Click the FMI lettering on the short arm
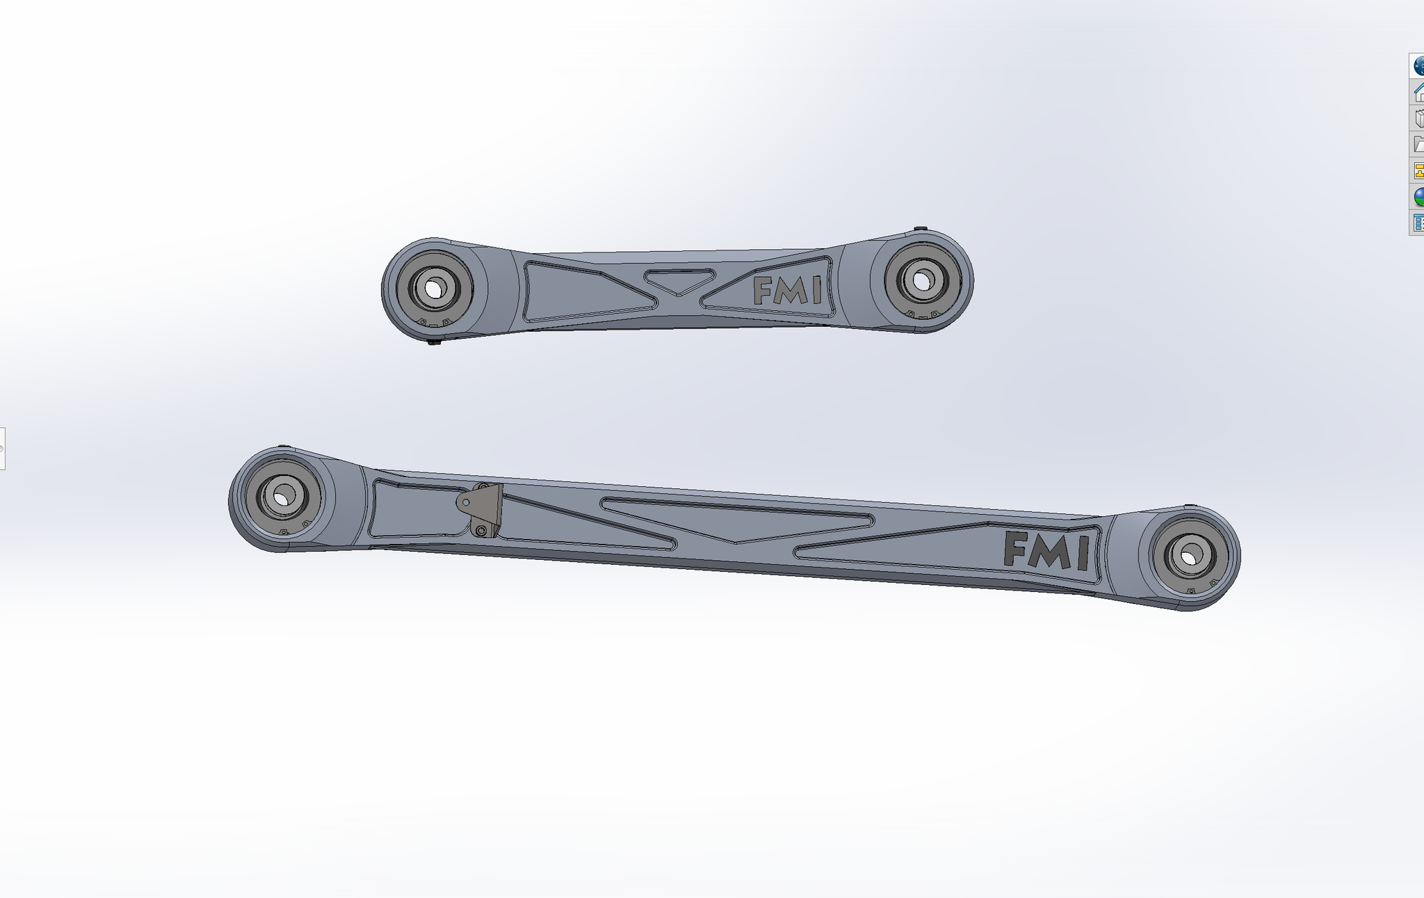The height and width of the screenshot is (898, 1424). click(x=787, y=291)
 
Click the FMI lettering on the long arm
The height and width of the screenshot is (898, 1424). click(x=1046, y=551)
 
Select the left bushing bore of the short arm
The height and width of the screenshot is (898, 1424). click(x=435, y=288)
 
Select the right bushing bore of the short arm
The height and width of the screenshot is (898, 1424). click(x=922, y=281)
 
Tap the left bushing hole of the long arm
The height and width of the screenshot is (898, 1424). click(x=282, y=497)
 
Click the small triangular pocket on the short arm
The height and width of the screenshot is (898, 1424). click(x=679, y=280)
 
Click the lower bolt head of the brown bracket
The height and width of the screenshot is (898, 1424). click(x=481, y=531)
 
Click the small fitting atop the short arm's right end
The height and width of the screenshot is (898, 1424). click(x=920, y=229)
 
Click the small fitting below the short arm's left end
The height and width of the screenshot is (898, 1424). click(x=434, y=342)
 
